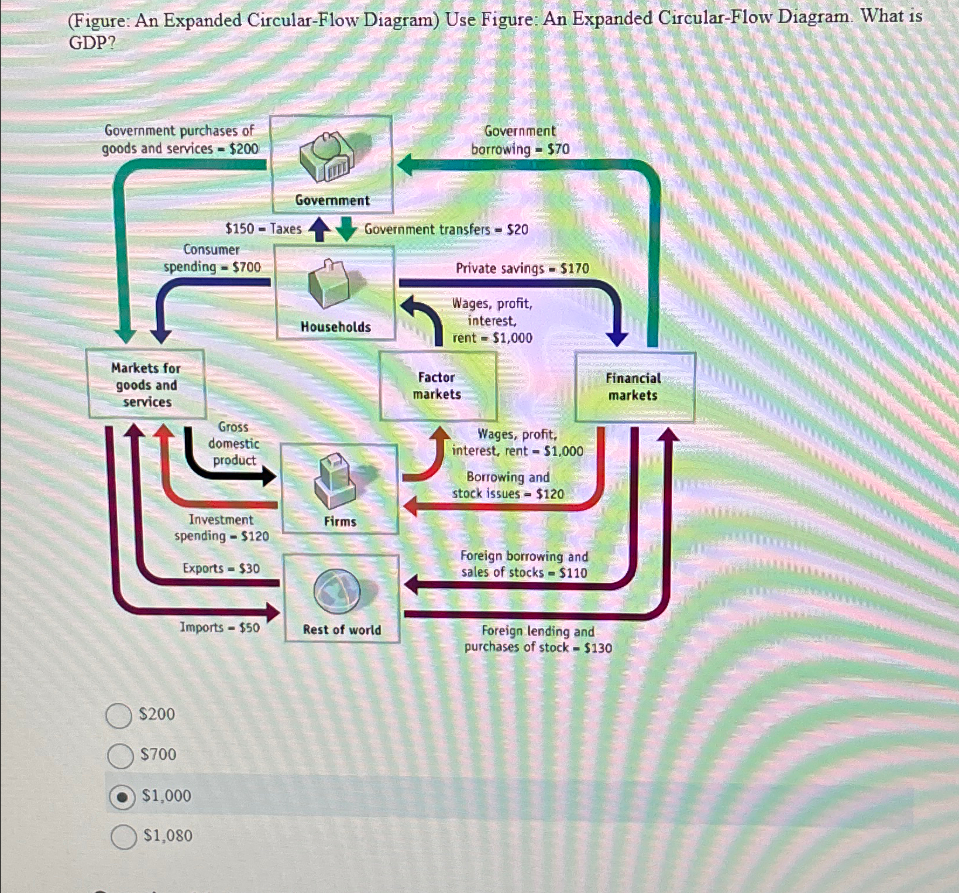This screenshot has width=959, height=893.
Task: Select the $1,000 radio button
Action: [122, 797]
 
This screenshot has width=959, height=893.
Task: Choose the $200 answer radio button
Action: [119, 716]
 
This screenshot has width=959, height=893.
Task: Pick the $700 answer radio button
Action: [121, 755]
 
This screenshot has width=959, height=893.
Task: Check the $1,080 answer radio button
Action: [123, 837]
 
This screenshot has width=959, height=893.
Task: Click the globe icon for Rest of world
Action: [337, 590]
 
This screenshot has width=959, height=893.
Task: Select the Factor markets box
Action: [437, 386]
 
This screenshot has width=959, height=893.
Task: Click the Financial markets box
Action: [634, 386]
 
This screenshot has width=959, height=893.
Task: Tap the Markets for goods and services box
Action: [146, 384]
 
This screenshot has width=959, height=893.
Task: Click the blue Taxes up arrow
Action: [319, 229]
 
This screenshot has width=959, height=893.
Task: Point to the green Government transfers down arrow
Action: [346, 229]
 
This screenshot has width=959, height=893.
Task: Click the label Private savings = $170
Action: [523, 268]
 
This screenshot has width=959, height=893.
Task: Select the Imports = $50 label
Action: [219, 628]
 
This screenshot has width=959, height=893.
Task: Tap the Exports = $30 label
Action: [221, 569]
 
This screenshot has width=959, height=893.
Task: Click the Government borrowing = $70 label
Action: [520, 141]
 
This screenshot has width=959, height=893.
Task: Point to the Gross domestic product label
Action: [233, 443]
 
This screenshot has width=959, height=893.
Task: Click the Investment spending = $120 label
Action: [221, 528]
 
